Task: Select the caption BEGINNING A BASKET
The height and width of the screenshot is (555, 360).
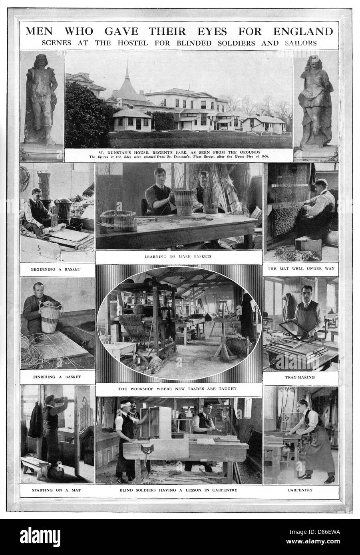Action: point(56,269)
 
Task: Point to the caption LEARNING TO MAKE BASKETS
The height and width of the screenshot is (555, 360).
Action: point(177,256)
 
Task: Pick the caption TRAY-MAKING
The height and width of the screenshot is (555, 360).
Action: point(301,377)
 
